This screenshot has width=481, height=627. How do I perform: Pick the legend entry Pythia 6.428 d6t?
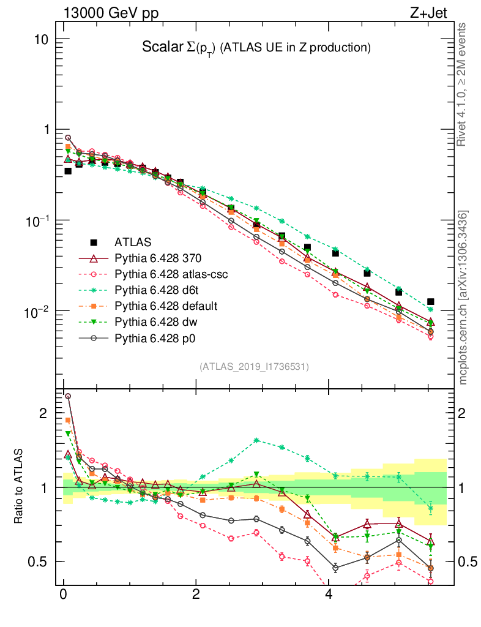click(x=159, y=290)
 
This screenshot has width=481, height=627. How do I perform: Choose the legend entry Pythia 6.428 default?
click(x=166, y=306)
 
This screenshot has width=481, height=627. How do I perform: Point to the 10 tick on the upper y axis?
click(x=42, y=39)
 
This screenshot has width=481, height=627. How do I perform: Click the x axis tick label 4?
click(x=329, y=595)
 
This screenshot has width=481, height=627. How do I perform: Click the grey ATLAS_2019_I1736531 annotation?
click(x=253, y=367)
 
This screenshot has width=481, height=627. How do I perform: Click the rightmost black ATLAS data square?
click(x=431, y=302)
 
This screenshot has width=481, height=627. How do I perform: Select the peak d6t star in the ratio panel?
click(x=257, y=440)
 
